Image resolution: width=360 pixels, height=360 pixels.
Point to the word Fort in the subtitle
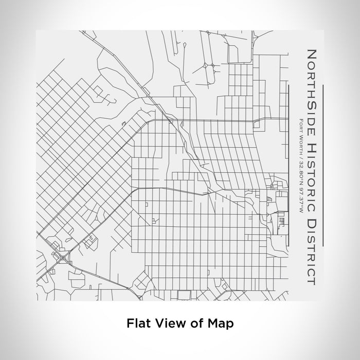tap(300, 125)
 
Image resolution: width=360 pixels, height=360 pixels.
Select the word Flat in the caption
tap(136, 324)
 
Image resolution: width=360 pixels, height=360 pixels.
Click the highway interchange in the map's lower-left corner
tap(63, 256)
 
